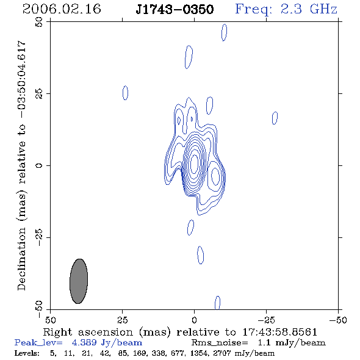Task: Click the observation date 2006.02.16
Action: (62, 9)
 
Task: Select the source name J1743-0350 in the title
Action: (175, 10)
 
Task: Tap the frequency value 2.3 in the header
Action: (291, 9)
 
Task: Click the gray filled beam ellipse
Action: (79, 281)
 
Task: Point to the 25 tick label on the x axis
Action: (122, 320)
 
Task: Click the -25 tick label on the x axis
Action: (266, 320)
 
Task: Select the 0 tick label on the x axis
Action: (194, 320)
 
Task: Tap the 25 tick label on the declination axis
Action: (39, 94)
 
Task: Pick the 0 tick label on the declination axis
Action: (39, 165)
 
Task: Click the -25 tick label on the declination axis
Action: (39, 237)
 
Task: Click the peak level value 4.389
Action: (84, 342)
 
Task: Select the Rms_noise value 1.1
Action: (264, 342)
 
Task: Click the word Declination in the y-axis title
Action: (21, 259)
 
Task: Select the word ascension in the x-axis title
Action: (106, 332)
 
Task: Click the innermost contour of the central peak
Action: (195, 164)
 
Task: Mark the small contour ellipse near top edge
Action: (225, 32)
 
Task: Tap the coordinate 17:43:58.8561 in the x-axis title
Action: (280, 332)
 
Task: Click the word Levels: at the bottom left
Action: (27, 353)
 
